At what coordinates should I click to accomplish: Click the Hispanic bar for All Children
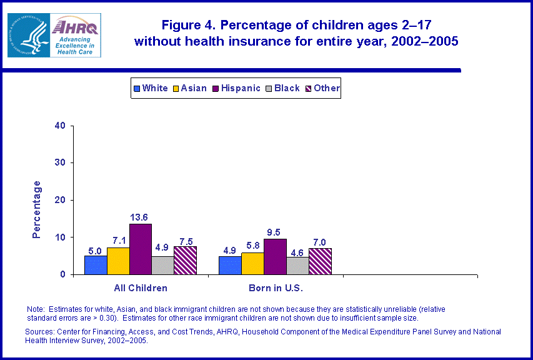141,249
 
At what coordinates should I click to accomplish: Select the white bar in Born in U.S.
229,265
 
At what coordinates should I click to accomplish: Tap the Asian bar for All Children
118,261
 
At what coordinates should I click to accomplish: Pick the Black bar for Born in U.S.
297,266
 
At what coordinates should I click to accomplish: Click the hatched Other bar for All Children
185,260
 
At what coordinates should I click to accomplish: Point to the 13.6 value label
141,217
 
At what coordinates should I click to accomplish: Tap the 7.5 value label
186,241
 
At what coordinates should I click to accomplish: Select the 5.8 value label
252,246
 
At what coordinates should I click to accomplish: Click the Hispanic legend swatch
216,89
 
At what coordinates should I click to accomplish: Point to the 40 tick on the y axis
61,126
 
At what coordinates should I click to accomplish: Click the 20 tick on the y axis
61,200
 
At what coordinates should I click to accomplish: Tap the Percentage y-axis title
37,209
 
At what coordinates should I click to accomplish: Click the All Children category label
140,288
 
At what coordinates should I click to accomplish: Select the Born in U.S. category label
275,288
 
